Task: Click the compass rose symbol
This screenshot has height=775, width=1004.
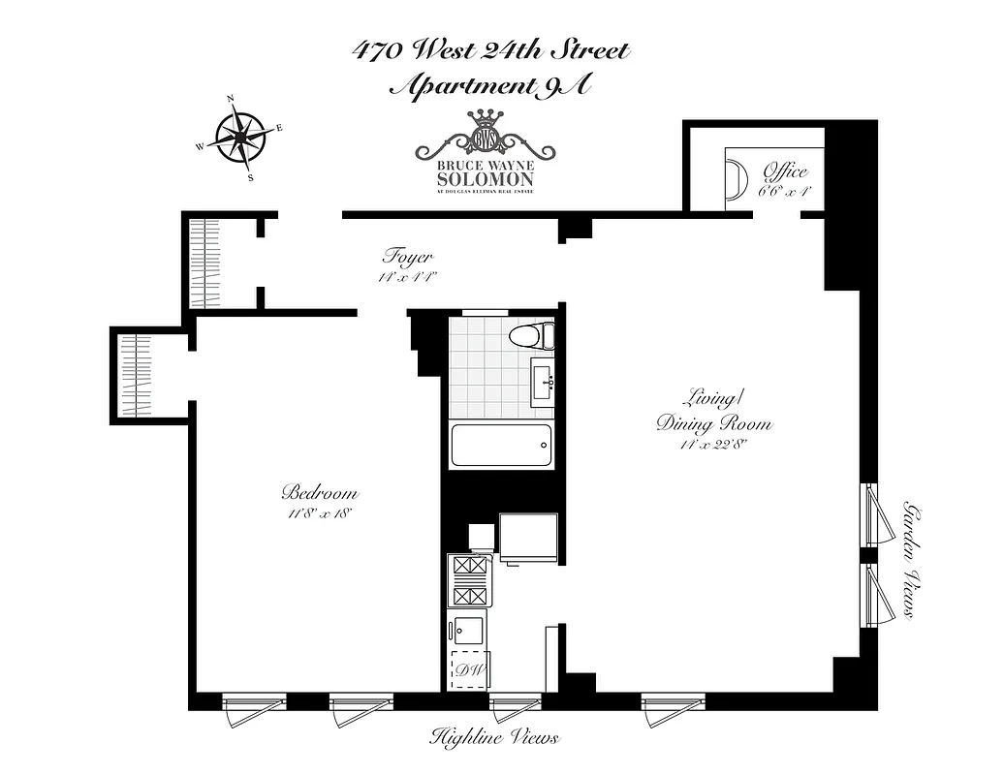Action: (x=238, y=137)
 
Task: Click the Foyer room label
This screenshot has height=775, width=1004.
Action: (x=407, y=258)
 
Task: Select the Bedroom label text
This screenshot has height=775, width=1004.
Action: (x=320, y=491)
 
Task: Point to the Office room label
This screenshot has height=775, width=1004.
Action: (x=784, y=171)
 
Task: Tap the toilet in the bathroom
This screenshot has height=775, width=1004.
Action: (x=531, y=337)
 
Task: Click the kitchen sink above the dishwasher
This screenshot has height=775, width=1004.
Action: (x=469, y=630)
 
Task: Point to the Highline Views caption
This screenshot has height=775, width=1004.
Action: (x=494, y=738)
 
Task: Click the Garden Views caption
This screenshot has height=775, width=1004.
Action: (x=911, y=560)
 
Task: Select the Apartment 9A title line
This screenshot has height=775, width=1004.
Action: (x=489, y=85)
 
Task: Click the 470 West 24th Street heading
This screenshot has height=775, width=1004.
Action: (x=491, y=49)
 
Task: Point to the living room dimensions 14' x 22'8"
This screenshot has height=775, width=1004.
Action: (x=713, y=445)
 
